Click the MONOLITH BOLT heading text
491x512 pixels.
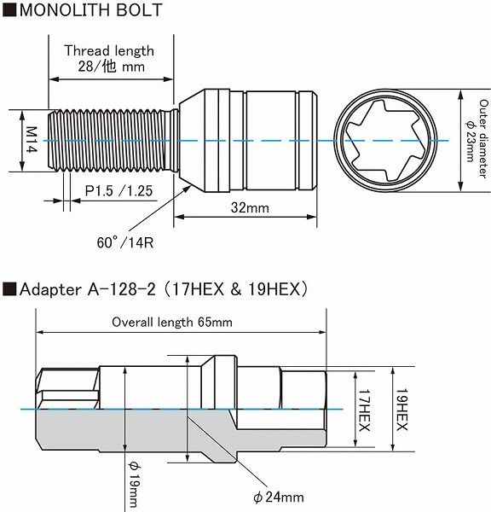[x=90, y=9]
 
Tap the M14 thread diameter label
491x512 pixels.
[x=32, y=139]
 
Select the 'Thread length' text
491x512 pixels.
[x=109, y=50]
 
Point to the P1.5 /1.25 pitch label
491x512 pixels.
[x=118, y=191]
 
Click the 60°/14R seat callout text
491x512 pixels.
[x=125, y=242]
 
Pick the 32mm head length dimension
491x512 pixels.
[x=250, y=207]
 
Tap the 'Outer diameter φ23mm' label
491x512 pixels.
[x=477, y=139]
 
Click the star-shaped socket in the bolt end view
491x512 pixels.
[x=385, y=141]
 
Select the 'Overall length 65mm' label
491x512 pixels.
[x=172, y=323]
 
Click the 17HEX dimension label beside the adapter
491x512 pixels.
[x=364, y=410]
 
